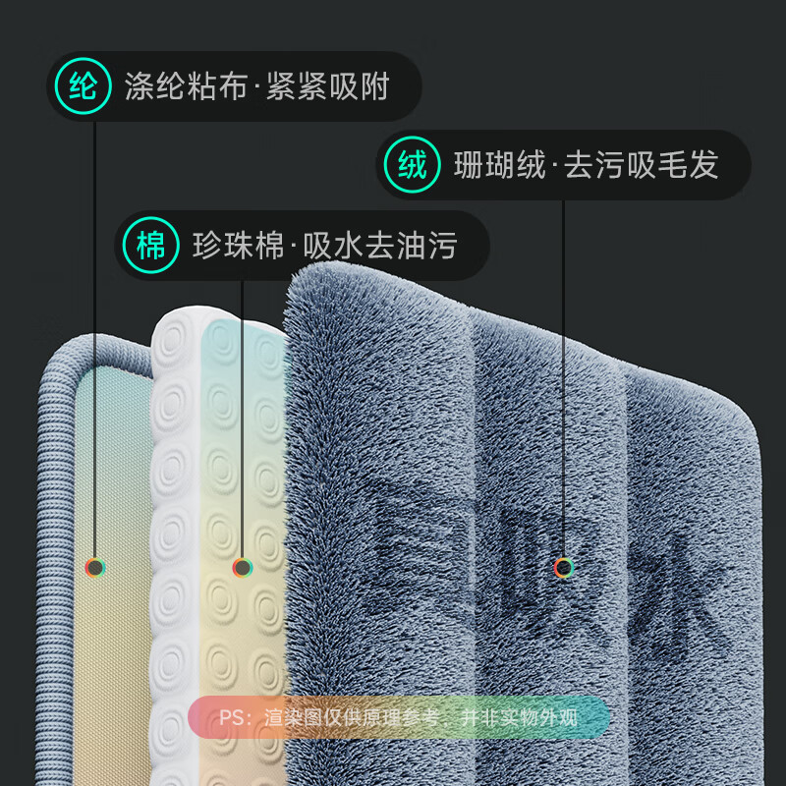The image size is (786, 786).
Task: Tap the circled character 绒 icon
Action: tap(413, 164)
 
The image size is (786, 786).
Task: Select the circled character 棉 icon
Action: tap(150, 245)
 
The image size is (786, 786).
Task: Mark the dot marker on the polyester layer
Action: tap(95, 567)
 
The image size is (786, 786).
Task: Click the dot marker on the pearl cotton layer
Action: tap(242, 567)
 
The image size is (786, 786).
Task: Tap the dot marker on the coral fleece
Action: tap(564, 567)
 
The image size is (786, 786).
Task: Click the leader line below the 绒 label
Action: tap(564, 373)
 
